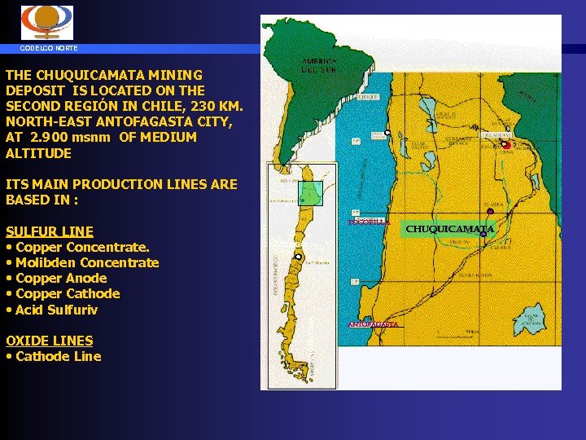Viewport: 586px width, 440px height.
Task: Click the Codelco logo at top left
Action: [x=46, y=22]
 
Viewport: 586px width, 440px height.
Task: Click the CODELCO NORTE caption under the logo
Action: [x=50, y=48]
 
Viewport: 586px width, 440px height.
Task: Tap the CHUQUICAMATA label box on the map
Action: [x=449, y=229]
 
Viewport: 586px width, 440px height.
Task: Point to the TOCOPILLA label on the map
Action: [x=369, y=222]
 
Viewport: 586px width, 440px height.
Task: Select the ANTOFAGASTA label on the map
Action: [x=374, y=324]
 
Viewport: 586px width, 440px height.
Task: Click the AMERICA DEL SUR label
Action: [x=318, y=64]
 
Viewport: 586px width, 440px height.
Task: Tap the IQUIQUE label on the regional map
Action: [x=368, y=96]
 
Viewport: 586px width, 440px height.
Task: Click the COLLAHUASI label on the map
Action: [x=496, y=134]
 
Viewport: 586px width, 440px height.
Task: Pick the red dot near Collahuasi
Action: [x=507, y=146]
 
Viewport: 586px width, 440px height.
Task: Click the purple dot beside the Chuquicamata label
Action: [x=483, y=234]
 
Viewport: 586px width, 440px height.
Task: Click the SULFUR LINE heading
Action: [x=50, y=231]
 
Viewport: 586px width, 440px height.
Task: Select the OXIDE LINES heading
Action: [x=49, y=341]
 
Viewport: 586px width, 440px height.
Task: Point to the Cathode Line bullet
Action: [x=58, y=356]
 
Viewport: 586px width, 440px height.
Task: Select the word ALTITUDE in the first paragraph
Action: [x=38, y=153]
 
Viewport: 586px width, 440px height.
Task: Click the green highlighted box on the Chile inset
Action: [x=310, y=192]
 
